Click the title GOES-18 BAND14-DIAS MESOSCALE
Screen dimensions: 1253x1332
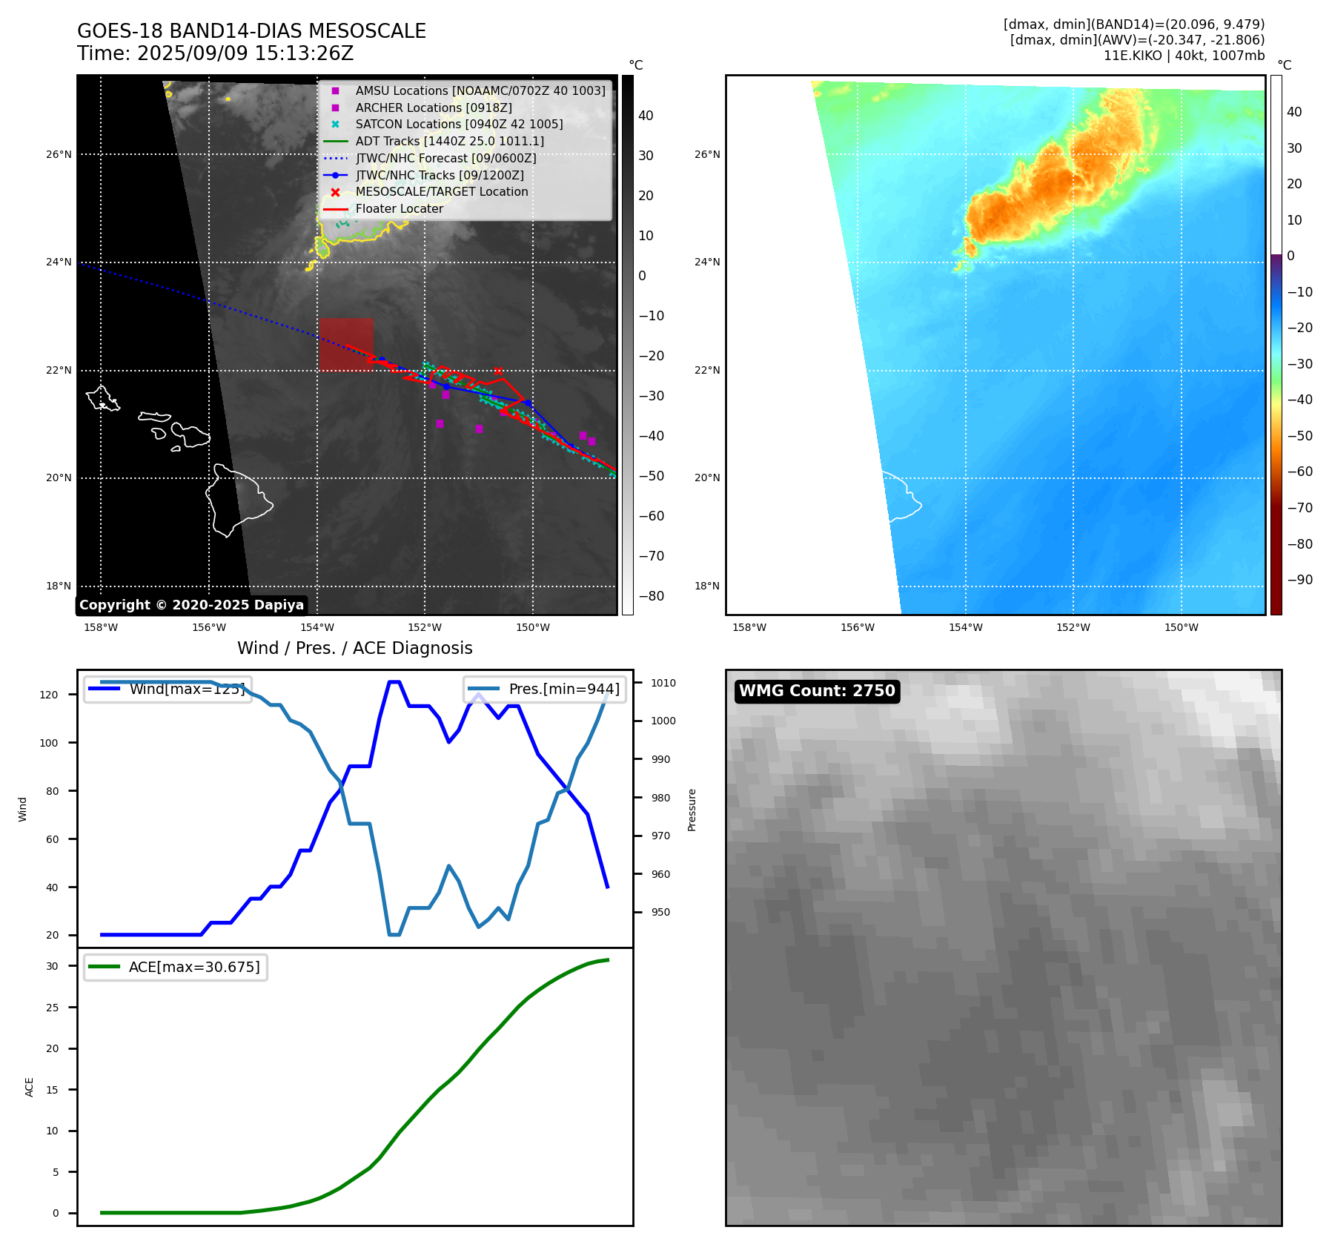pos(251,31)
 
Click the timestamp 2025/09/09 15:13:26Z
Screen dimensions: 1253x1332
pos(245,53)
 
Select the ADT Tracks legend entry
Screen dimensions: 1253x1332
pos(449,141)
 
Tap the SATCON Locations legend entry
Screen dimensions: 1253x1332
pos(459,124)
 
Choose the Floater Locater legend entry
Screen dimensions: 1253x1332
pos(399,208)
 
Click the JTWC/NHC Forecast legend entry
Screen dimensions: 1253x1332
pos(445,158)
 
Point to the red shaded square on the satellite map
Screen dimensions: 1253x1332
pos(346,344)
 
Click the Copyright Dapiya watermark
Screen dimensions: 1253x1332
pos(191,605)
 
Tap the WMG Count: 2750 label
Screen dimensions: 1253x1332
pos(817,691)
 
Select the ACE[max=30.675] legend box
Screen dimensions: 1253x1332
pos(176,968)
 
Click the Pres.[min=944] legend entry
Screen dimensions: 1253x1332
pos(545,689)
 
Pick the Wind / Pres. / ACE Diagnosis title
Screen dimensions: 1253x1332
pos(354,648)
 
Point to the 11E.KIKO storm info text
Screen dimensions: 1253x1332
pos(1184,56)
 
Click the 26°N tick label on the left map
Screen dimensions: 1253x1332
pos(59,154)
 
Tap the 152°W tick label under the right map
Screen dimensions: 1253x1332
pos(1073,627)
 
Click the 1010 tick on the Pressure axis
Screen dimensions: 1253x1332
pos(663,683)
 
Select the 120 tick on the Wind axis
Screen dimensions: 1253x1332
pos(49,695)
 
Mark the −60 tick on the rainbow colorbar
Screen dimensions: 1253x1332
pos(1299,472)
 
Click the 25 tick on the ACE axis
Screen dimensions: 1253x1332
pos(52,1008)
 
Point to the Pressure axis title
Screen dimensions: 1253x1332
pos(692,810)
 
